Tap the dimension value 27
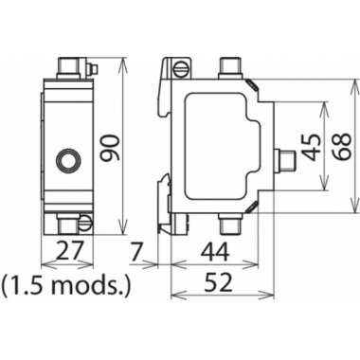[x=69, y=251]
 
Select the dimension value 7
[x=137, y=251]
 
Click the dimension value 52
[x=219, y=282]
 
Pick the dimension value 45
[x=312, y=147]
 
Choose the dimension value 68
[x=341, y=146]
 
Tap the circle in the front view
[x=68, y=160]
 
